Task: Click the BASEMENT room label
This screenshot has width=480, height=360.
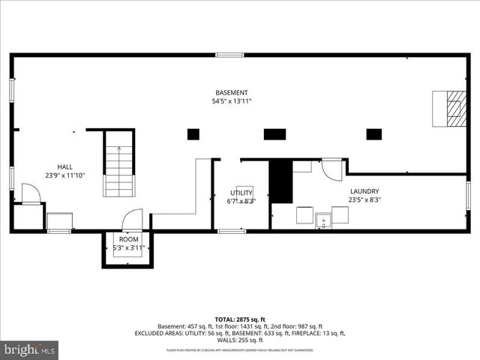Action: tap(230, 92)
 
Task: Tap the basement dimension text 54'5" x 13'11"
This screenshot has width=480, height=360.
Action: tap(230, 100)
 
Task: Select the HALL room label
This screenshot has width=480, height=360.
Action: tap(65, 166)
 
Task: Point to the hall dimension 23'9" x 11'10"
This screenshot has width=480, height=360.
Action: tap(65, 175)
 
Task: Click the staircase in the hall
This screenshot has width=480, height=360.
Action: tap(118, 163)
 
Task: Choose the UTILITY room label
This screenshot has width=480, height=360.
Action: tap(241, 193)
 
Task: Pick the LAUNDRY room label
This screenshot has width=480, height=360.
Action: tap(364, 191)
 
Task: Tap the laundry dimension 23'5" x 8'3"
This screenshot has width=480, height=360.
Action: tap(364, 200)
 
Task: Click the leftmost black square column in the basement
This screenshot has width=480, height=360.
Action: tap(193, 134)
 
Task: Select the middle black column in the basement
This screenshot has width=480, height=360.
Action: tap(274, 134)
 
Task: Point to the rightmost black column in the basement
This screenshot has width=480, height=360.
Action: tap(373, 134)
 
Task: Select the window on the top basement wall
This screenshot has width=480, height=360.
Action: tap(229, 55)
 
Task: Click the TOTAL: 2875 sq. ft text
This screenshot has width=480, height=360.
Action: tap(240, 319)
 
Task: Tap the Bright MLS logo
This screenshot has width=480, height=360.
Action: tap(30, 349)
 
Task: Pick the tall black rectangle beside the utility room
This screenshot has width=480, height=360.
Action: tap(280, 180)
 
